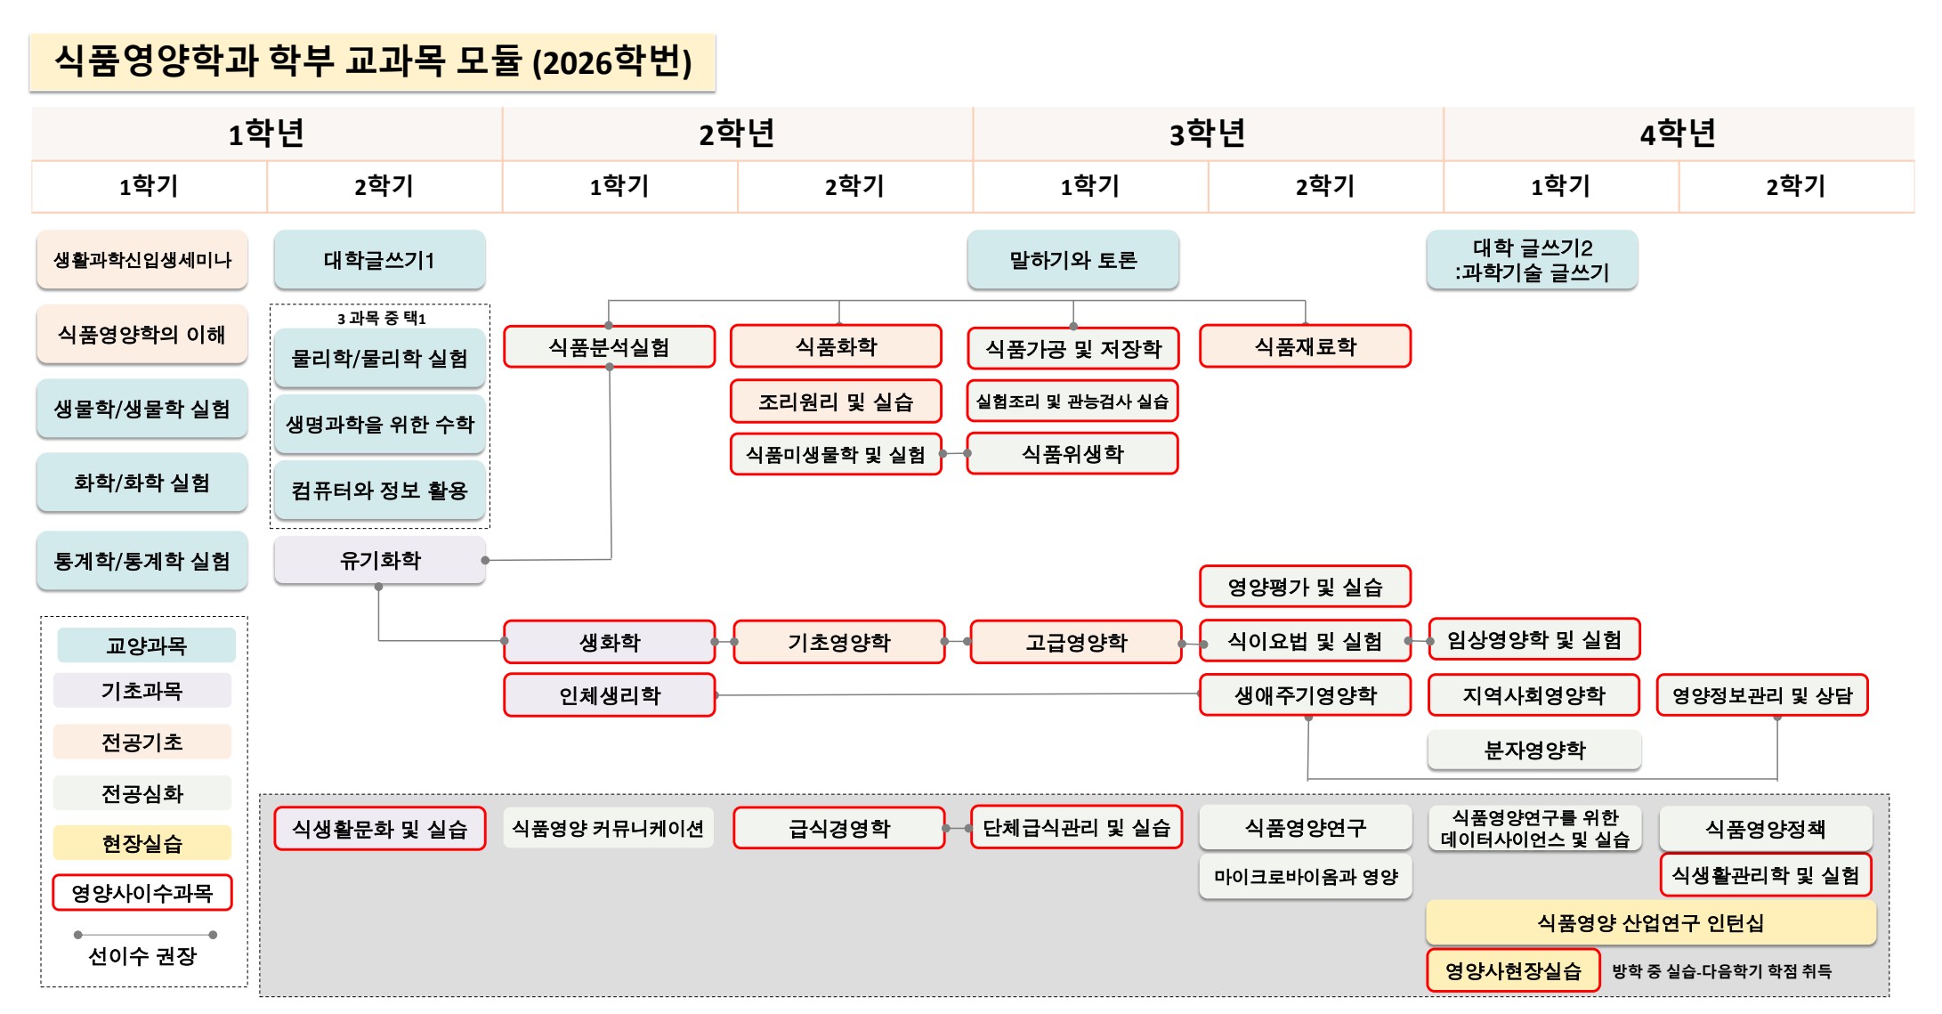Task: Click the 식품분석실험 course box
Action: coord(609,346)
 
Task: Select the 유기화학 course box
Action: coord(380,560)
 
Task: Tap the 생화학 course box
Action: coord(610,642)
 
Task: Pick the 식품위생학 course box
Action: coord(1072,454)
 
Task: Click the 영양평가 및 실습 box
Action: coord(1305,587)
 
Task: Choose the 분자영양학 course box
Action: coord(1534,750)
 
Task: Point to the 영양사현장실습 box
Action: coord(1513,970)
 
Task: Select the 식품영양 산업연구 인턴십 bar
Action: coord(1651,922)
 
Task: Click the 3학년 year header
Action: coord(1207,134)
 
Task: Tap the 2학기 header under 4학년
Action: coord(1795,186)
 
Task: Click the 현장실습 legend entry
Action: coord(142,842)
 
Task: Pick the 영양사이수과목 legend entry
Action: coord(142,892)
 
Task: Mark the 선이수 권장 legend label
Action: coord(142,956)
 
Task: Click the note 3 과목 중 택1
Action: coord(381,318)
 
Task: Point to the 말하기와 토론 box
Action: coord(1072,260)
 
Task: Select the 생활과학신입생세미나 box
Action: coord(142,260)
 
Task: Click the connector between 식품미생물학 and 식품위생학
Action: coord(954,454)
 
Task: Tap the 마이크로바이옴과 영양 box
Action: coord(1306,877)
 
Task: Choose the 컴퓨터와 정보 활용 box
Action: coord(380,490)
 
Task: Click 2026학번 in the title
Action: coord(611,62)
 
